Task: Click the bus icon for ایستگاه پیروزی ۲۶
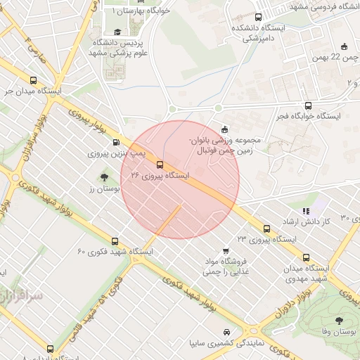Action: click(160, 165)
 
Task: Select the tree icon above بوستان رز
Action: click(105, 178)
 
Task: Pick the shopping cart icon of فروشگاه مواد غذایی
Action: click(226, 250)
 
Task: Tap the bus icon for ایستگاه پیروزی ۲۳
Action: click(266, 229)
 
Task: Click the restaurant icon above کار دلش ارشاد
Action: click(305, 210)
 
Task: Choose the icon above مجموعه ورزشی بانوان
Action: click(224, 129)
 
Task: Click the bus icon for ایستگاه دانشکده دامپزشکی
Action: click(258, 17)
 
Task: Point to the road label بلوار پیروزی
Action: click(88, 124)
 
